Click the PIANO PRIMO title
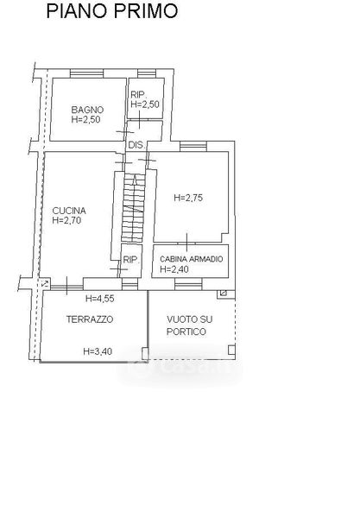pyautogui.click(x=112, y=11)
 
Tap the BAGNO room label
pyautogui.click(x=87, y=110)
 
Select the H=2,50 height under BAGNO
pyautogui.click(x=85, y=120)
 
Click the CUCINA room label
pyautogui.click(x=69, y=211)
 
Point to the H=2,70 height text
pyautogui.click(x=66, y=220)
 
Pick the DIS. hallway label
pyautogui.click(x=136, y=145)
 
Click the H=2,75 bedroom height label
pyautogui.click(x=188, y=198)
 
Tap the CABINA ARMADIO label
pyautogui.click(x=192, y=259)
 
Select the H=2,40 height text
pyautogui.click(x=174, y=269)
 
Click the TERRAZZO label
pyautogui.click(x=90, y=319)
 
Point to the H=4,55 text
pyautogui.click(x=100, y=299)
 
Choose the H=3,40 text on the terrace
pyautogui.click(x=98, y=351)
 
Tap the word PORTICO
pyautogui.click(x=186, y=332)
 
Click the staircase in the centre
pyautogui.click(x=134, y=208)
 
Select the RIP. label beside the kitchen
pyautogui.click(x=131, y=260)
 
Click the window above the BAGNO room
pyautogui.click(x=87, y=73)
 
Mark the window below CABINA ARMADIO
pyautogui.click(x=188, y=284)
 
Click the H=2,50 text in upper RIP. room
pyautogui.click(x=145, y=104)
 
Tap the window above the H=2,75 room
pyautogui.click(x=193, y=147)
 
